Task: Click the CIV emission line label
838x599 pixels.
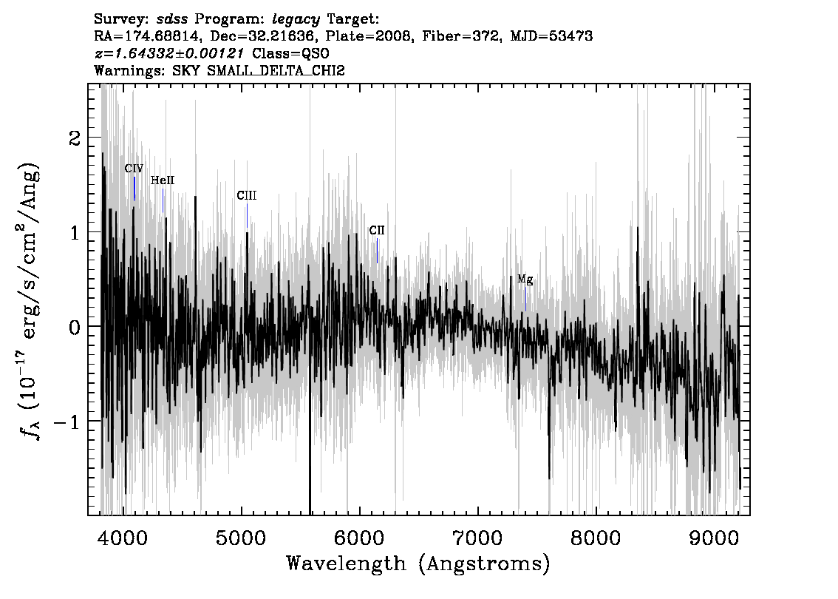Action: (x=134, y=169)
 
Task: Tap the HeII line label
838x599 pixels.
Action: (x=163, y=180)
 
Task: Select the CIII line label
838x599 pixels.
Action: (x=247, y=196)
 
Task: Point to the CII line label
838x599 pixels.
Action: (x=377, y=231)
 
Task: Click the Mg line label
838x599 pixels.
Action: (x=525, y=280)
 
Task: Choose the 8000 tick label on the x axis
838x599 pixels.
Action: (x=596, y=538)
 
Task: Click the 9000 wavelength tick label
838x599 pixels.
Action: (x=713, y=538)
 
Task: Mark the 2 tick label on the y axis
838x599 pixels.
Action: (x=75, y=138)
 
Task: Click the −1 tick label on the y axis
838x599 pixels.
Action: (x=67, y=422)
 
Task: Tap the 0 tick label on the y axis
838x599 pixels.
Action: (x=75, y=328)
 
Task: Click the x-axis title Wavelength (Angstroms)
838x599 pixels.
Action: (x=418, y=564)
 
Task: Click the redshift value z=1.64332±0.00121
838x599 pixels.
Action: (x=169, y=53)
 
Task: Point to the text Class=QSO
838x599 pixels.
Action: (x=290, y=53)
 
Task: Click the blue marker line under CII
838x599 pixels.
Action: (x=378, y=250)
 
